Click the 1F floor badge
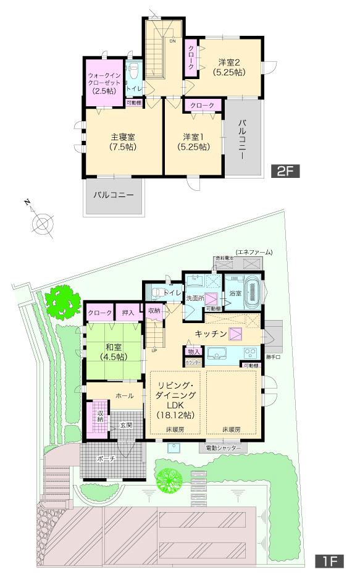point(329,562)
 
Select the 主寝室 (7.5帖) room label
point(123,142)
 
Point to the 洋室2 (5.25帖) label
point(229,67)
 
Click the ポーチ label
point(106,459)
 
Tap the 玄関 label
point(126,424)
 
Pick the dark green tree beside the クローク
point(64,301)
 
